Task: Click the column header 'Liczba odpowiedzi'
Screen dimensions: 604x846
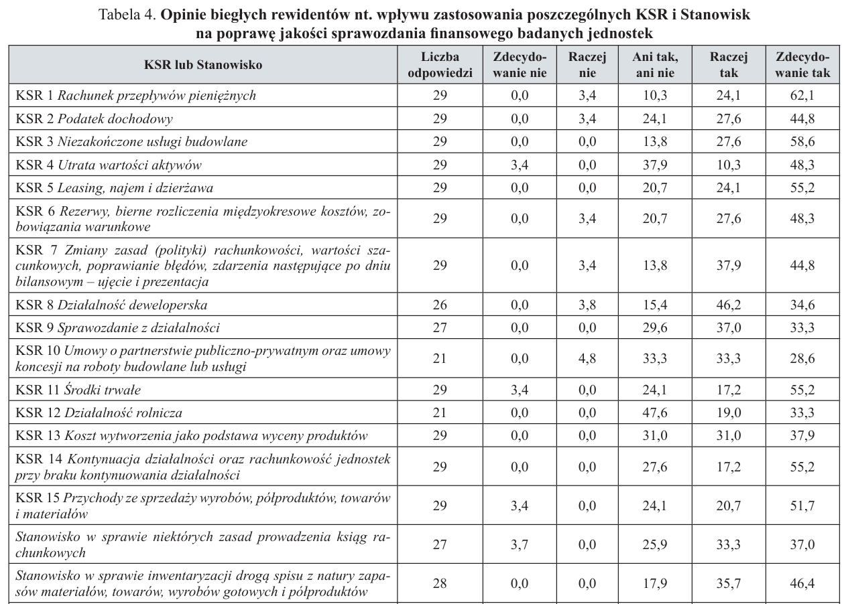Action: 439,65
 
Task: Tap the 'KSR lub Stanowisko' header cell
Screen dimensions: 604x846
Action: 202,65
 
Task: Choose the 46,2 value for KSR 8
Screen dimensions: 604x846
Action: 727,305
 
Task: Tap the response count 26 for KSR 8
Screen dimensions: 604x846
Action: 439,305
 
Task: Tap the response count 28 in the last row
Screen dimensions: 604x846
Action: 439,584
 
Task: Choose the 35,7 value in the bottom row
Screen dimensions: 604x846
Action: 727,584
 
